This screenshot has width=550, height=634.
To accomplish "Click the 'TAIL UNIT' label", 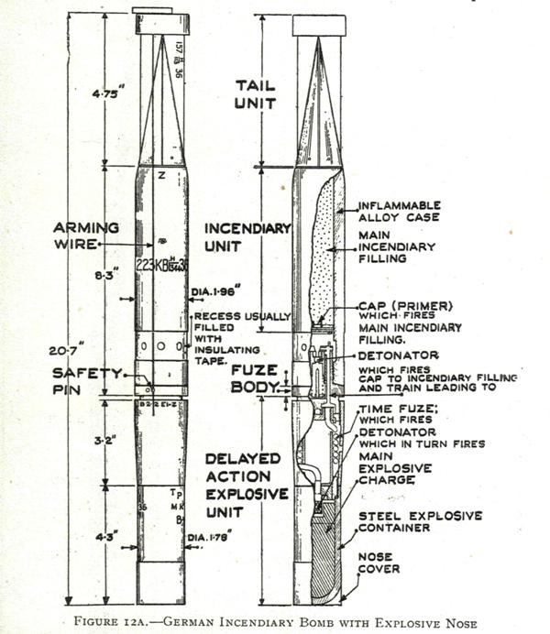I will click(255, 93).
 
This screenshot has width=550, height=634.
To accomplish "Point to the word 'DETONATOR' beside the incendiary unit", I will click(400, 355).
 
